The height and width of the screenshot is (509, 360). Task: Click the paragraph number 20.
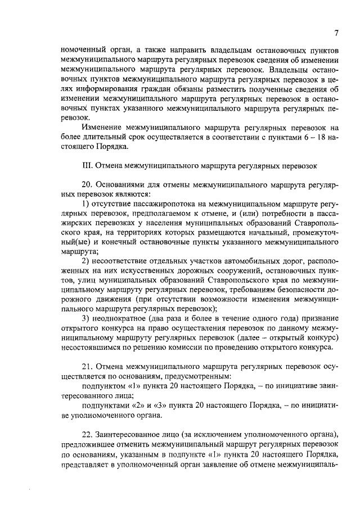[87, 184]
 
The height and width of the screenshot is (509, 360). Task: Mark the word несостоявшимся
[91, 348]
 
